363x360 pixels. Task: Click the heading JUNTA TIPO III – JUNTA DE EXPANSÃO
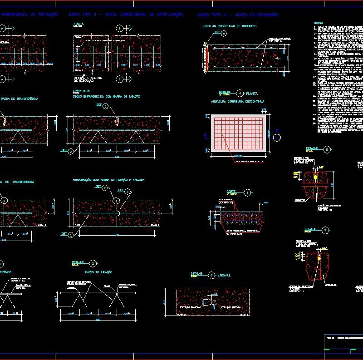tap(237, 15)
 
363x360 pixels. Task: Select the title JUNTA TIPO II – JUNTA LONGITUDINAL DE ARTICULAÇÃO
tap(125, 15)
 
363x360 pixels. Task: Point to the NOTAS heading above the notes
tap(319, 23)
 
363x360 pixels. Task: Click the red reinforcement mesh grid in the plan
tap(238, 133)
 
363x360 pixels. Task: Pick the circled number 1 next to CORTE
tap(247, 192)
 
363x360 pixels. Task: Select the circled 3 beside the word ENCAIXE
tap(212, 275)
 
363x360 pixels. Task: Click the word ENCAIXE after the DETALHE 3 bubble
tap(224, 275)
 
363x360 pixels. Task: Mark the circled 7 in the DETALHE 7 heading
tap(325, 230)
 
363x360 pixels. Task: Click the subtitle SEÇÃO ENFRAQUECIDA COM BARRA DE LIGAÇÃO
tap(107, 96)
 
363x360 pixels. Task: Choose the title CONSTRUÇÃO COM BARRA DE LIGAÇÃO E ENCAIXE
tap(108, 180)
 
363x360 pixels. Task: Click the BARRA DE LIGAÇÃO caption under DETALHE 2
tap(98, 272)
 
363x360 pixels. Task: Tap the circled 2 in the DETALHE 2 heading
tap(93, 263)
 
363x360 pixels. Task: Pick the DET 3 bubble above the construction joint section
tap(128, 192)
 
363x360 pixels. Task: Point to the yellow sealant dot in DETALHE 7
tap(319, 257)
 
